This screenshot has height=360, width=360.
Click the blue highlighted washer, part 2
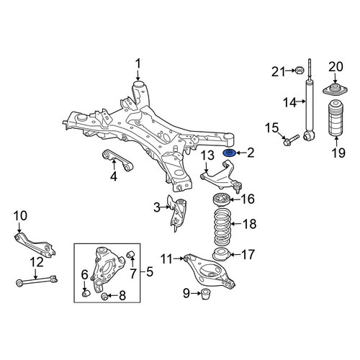pos(230,153)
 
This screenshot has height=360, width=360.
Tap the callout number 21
pos(278,71)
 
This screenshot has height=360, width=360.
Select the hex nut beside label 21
pos(300,71)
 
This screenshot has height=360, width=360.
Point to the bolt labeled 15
pos(291,140)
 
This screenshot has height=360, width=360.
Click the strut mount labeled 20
pos(335,89)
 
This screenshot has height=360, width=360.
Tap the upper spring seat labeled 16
pos(222,199)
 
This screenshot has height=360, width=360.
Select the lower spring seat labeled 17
pos(222,256)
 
